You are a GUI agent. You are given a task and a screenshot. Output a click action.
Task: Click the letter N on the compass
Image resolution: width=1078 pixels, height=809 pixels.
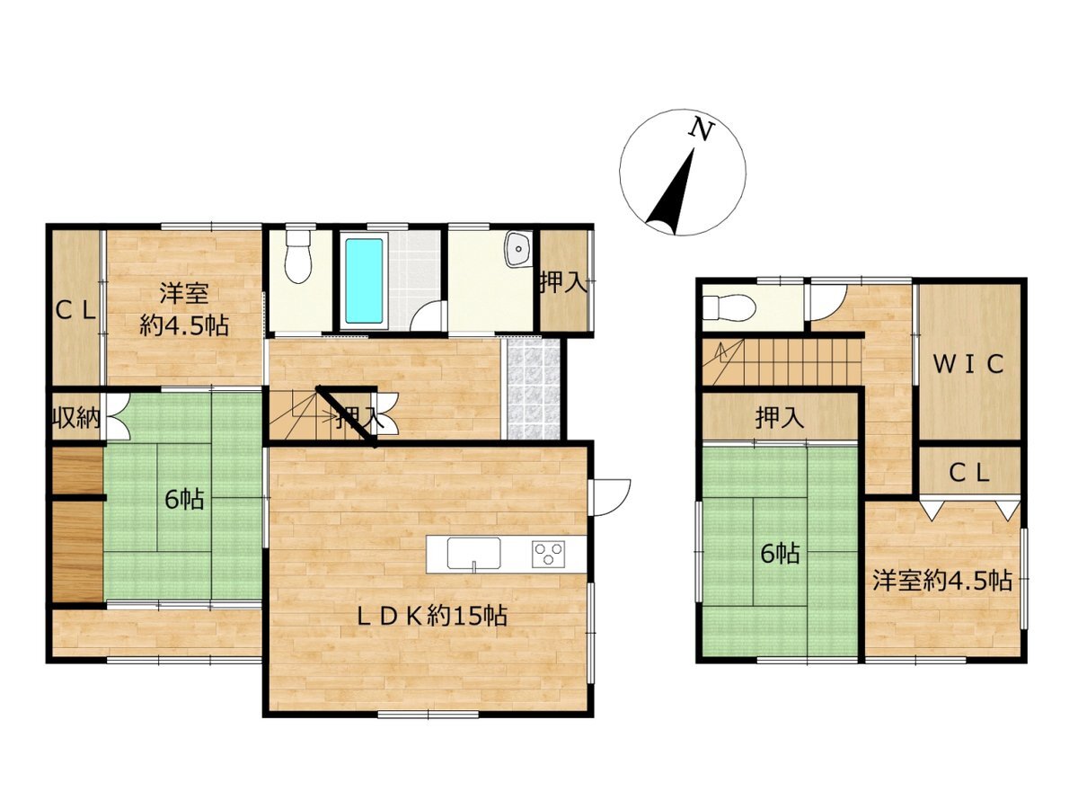pyautogui.click(x=702, y=129)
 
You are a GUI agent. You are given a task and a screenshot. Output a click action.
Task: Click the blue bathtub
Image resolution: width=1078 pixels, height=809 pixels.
pyautogui.click(x=364, y=280)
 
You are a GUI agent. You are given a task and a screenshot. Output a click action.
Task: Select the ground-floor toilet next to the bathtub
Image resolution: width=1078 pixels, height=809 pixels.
pyautogui.click(x=298, y=256)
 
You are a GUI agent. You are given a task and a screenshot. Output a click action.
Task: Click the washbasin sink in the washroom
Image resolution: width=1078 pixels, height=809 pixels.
pyautogui.click(x=519, y=249)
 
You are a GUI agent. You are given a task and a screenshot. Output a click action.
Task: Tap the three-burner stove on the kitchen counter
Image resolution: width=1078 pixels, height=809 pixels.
pyautogui.click(x=548, y=554)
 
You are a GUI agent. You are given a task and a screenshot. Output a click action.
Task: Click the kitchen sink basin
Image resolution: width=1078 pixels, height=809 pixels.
pyautogui.click(x=473, y=554)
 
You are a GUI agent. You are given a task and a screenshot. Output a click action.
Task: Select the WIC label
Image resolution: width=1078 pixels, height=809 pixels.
pyautogui.click(x=968, y=364)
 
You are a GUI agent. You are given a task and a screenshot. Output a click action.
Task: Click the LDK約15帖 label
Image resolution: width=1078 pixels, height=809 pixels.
pyautogui.click(x=431, y=615)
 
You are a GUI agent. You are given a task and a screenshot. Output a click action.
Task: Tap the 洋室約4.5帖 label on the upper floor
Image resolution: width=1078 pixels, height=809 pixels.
pyautogui.click(x=941, y=581)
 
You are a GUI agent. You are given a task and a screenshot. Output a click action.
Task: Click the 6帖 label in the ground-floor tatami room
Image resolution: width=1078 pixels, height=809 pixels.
pyautogui.click(x=184, y=500)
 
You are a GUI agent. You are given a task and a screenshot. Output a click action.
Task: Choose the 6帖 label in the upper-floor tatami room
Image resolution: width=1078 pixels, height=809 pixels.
pyautogui.click(x=780, y=554)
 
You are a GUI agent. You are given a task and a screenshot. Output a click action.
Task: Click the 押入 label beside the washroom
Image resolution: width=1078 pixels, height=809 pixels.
pyautogui.click(x=563, y=283)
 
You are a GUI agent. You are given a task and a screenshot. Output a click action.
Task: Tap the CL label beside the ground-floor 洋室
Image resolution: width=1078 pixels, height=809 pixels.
pyautogui.click(x=75, y=310)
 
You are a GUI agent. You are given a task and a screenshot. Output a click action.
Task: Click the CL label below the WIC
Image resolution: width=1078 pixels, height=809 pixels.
pyautogui.click(x=969, y=474)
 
